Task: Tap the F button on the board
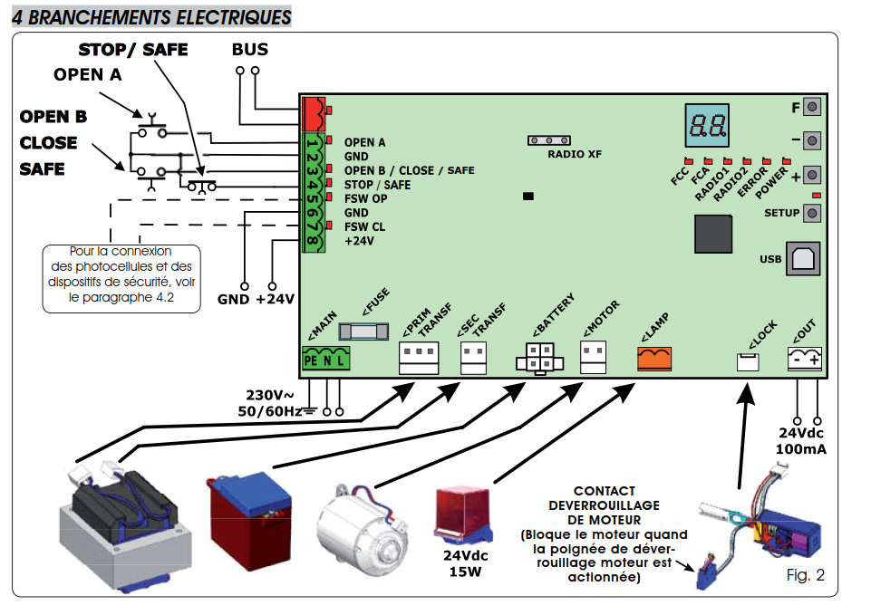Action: tap(812, 108)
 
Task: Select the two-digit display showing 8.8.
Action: tap(704, 128)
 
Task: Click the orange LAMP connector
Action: tap(654, 359)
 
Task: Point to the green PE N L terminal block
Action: tap(324, 360)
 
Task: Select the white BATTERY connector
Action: tap(538, 359)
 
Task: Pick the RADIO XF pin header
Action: tap(548, 140)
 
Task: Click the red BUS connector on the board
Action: tap(312, 113)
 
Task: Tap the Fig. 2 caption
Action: tap(805, 575)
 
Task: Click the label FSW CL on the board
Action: tap(364, 226)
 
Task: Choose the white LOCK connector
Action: tap(748, 361)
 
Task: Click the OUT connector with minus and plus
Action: tap(804, 360)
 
